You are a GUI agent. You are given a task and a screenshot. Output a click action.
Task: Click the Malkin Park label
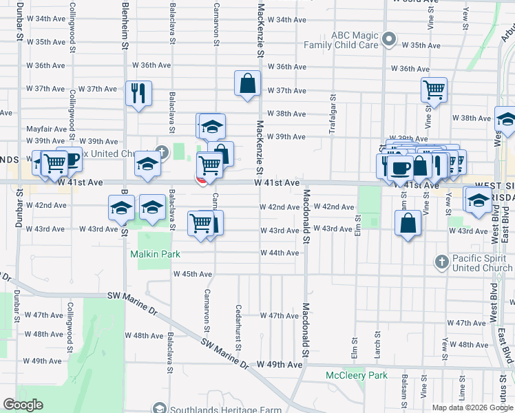(x=156, y=254)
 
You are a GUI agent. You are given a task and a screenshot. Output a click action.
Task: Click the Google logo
(x=23, y=405)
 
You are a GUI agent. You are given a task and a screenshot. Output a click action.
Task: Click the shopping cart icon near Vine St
(x=434, y=89)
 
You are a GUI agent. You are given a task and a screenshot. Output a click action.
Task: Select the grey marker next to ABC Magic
(x=388, y=39)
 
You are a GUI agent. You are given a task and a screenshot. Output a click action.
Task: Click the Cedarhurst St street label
(x=238, y=327)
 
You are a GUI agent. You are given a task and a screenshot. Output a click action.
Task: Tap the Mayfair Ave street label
(x=46, y=129)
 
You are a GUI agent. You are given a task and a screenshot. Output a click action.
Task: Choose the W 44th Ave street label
(x=283, y=253)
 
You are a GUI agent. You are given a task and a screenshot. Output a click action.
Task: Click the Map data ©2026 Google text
(x=472, y=407)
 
